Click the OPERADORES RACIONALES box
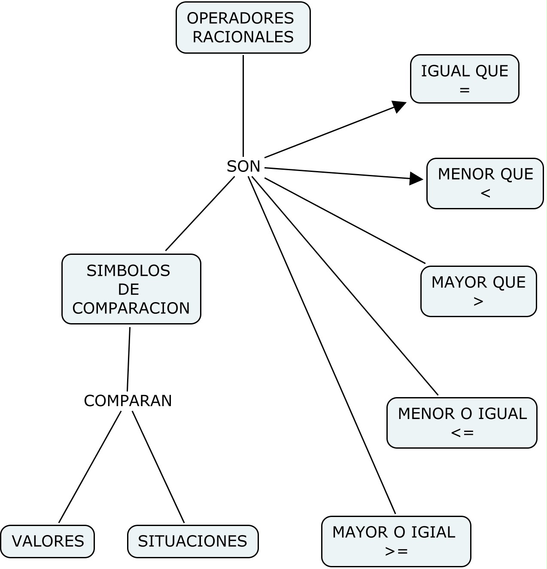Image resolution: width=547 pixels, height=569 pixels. [243, 28]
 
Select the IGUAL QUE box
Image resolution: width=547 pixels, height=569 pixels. [465, 79]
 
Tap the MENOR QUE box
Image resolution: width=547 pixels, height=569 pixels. [485, 184]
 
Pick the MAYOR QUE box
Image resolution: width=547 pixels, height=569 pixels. [478, 291]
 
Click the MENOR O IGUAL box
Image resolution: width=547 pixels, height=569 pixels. [462, 423]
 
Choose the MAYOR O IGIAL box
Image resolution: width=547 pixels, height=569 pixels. [396, 541]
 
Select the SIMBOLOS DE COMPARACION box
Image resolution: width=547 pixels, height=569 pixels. [131, 289]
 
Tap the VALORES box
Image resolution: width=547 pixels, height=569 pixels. [47, 541]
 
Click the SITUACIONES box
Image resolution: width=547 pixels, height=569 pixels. [193, 541]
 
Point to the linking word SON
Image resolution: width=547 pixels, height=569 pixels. [243, 166]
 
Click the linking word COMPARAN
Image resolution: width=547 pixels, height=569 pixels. [128, 401]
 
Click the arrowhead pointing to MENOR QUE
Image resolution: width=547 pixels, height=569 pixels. [416, 178]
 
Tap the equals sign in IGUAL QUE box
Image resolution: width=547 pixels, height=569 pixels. [465, 90]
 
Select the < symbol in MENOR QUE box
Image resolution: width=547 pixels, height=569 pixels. [485, 193]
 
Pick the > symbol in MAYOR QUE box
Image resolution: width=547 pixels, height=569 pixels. [478, 302]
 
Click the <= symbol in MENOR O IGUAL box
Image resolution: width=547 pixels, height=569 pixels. [462, 433]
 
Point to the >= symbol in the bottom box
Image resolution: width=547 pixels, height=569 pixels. [396, 551]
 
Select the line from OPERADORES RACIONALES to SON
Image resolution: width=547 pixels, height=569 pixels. [243, 105]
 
